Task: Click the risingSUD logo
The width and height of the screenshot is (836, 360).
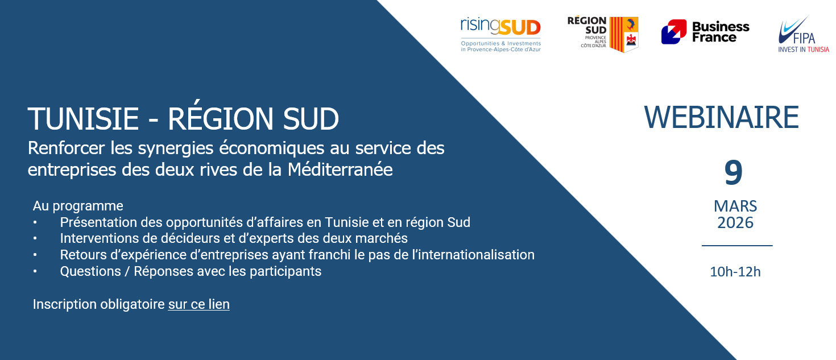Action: pos(501,35)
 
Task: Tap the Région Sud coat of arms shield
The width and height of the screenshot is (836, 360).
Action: pos(624,34)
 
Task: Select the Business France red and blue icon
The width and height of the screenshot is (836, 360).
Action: pos(674,32)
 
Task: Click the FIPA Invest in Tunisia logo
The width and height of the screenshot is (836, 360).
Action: pos(804,34)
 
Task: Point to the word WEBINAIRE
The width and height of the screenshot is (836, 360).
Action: pos(722,118)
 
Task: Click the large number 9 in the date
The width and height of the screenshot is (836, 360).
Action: pos(734,172)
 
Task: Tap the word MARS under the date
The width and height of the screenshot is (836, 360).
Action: pos(735,206)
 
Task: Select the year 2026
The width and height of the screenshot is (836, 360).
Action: pos(735,223)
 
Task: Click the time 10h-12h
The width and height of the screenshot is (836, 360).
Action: pos(735,272)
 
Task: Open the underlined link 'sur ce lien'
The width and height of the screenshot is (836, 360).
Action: pos(199,304)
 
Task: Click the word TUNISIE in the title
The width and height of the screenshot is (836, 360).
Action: pos(83,119)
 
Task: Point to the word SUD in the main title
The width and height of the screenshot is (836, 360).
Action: pos(311,119)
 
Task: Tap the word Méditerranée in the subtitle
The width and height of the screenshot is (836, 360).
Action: pos(340,169)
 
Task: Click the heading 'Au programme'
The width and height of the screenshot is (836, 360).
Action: pos(78,206)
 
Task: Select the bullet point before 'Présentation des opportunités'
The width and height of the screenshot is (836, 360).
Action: pos(35,222)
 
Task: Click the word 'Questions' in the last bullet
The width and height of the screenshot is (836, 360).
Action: pos(90,271)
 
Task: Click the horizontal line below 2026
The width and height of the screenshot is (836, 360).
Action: pos(737,246)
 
